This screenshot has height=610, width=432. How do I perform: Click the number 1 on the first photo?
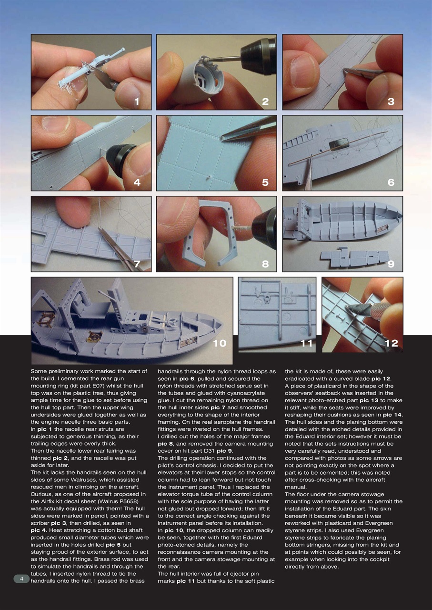click(137, 101)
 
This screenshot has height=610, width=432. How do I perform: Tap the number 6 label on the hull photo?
click(391, 182)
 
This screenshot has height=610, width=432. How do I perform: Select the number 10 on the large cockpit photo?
click(219, 343)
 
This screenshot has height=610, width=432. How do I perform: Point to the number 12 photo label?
click(391, 343)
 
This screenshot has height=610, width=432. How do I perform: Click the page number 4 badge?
click(21, 579)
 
